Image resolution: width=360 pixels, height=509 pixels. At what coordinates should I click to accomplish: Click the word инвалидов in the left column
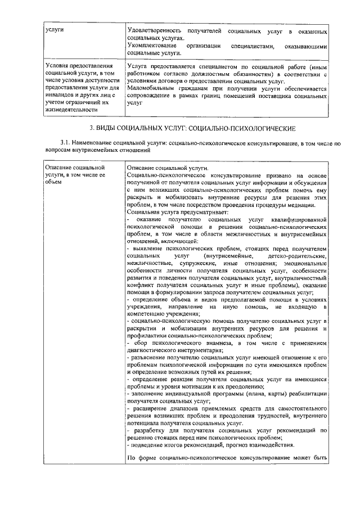[60, 96]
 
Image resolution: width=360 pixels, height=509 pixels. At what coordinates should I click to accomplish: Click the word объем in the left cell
[53, 182]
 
